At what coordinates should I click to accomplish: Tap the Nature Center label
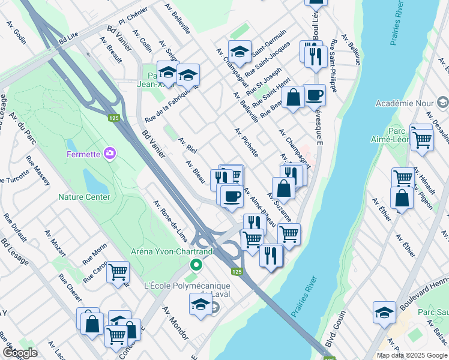84,197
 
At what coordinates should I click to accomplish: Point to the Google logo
20,352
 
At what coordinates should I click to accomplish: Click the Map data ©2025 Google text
412,355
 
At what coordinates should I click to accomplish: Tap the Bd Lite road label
69,38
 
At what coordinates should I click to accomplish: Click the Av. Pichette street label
247,142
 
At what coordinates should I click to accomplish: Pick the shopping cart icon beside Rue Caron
118,272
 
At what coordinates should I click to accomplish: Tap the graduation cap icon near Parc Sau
384,312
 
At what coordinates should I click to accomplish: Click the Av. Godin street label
16,32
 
